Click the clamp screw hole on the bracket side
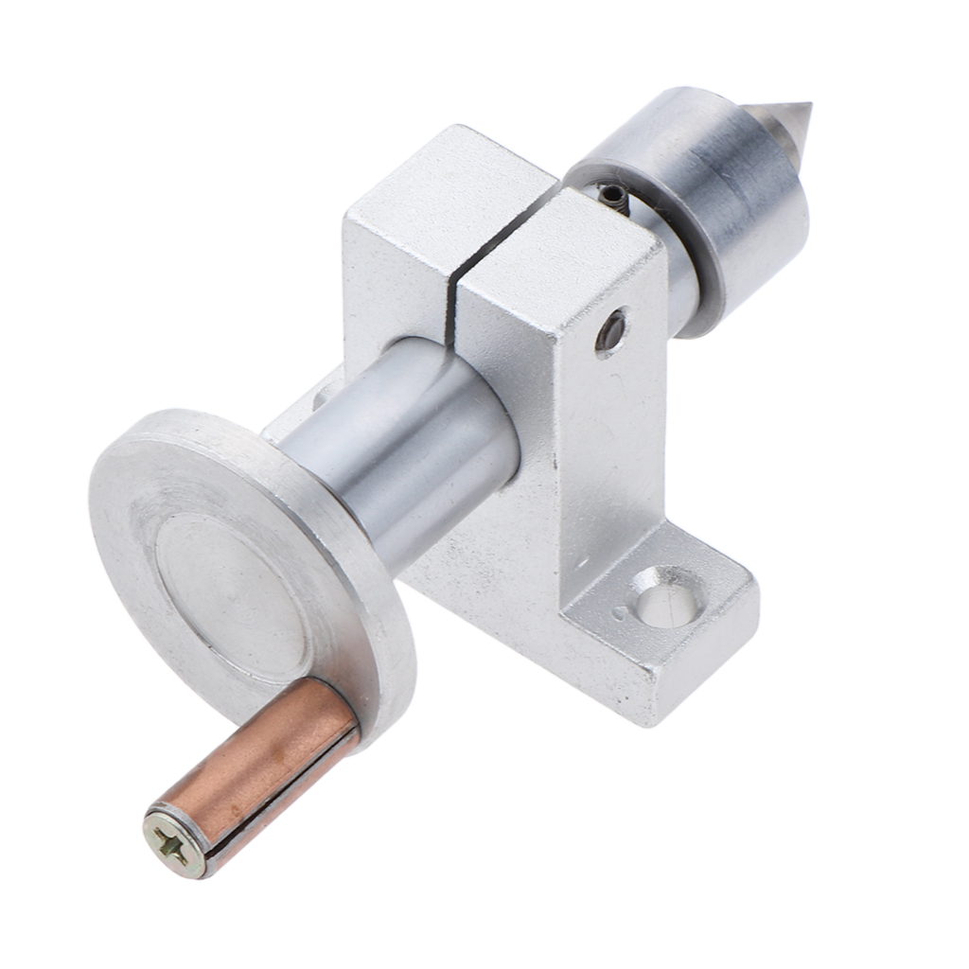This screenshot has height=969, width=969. click(x=611, y=331)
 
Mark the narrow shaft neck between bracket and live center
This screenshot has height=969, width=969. click(x=677, y=274)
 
